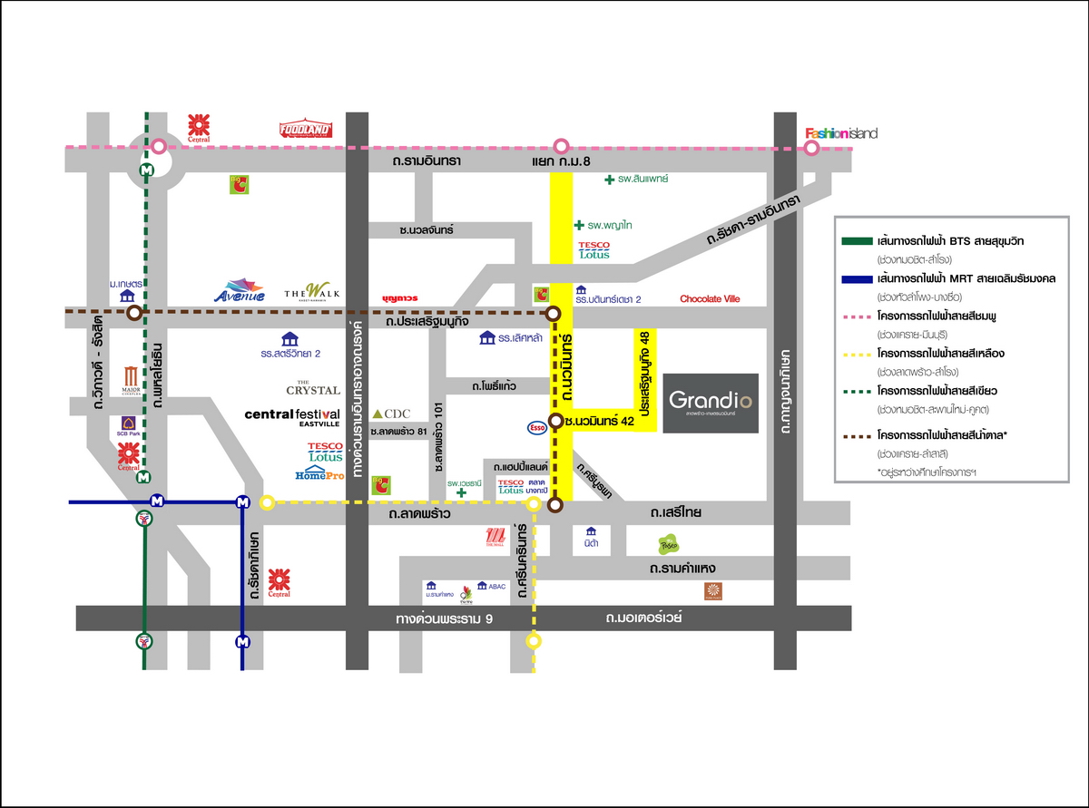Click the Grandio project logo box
pos(711,403)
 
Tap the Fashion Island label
pos(842,134)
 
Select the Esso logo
pos(537,426)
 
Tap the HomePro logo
pos(319,474)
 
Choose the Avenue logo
pos(240,290)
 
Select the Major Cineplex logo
pos(131,379)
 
